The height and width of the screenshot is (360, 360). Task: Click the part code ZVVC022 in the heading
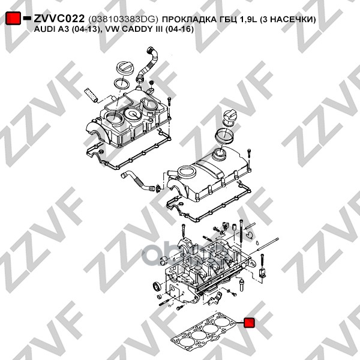59,19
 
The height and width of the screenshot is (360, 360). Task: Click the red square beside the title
13,18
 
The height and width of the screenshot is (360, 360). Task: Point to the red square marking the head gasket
249,323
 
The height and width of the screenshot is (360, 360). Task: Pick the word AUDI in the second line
43,29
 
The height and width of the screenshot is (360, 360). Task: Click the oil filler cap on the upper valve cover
124,68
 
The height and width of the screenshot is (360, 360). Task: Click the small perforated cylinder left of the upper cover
91,95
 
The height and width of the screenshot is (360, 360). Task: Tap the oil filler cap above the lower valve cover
229,118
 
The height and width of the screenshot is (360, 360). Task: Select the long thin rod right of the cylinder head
264,246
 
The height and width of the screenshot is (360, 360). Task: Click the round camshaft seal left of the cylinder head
157,286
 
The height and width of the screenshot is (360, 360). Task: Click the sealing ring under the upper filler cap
121,85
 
